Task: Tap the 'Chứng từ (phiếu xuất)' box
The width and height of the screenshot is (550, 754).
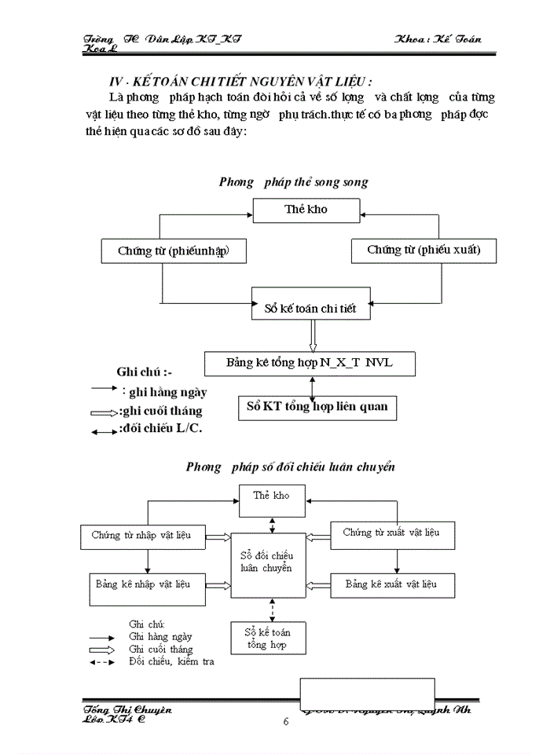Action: pos(423,250)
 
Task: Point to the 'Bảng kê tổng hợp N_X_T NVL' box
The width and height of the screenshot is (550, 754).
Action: pos(310,363)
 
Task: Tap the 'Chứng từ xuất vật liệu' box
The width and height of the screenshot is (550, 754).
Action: pos(391,533)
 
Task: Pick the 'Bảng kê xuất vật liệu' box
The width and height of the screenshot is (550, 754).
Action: pos(391,584)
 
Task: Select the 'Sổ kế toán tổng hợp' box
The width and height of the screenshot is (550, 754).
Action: pos(265,638)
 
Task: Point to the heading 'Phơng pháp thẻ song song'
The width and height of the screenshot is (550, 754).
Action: pos(293,182)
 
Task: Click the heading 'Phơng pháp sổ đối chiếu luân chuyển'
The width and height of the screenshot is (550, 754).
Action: pos(290,467)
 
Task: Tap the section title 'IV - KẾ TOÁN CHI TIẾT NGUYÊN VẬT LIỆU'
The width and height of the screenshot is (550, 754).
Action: pos(240,82)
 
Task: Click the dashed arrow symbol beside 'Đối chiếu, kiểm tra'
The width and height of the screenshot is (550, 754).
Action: pos(107,662)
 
